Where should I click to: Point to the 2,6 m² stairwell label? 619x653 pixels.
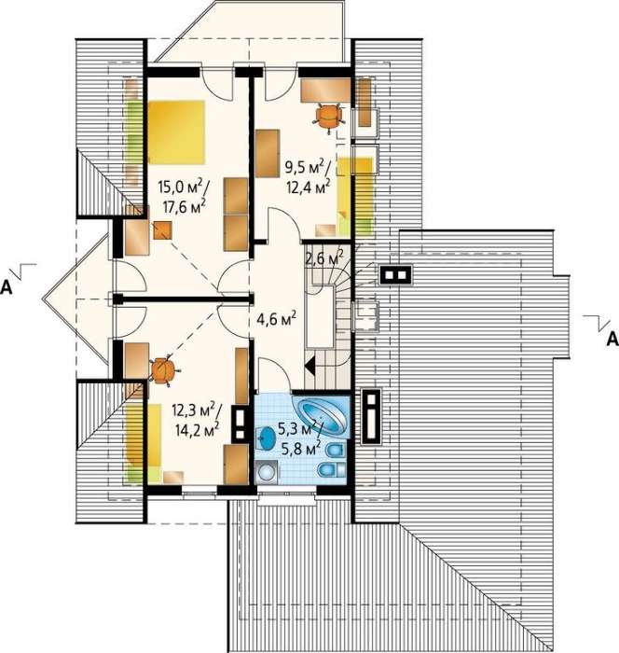324,258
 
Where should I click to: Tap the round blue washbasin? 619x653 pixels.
266,439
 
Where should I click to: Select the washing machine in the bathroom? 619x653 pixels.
266,472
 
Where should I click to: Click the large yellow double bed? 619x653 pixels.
177,132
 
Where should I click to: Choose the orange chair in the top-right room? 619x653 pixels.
329,117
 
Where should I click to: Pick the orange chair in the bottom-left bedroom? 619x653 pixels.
164,370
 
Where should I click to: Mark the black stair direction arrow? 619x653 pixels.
309,367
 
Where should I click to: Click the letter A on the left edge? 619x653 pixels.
7,287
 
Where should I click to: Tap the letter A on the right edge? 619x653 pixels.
612,339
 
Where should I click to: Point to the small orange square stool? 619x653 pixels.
163,230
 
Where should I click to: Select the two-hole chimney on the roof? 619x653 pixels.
396,275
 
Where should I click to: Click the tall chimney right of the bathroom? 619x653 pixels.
371,416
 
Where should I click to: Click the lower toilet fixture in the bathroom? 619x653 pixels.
331,470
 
